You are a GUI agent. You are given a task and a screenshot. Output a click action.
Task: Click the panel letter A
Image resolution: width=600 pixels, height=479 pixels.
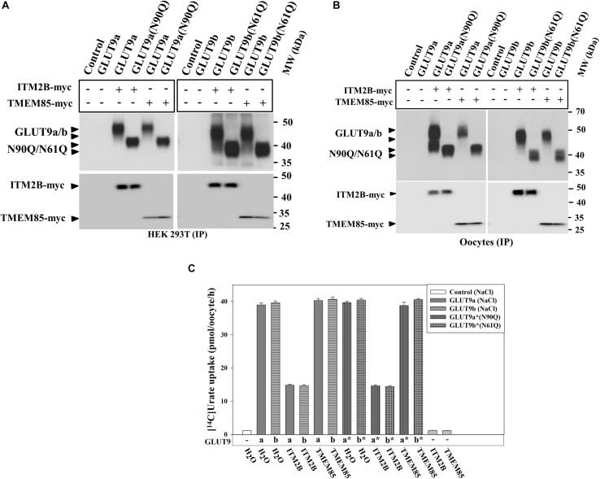(x=7, y=7)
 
